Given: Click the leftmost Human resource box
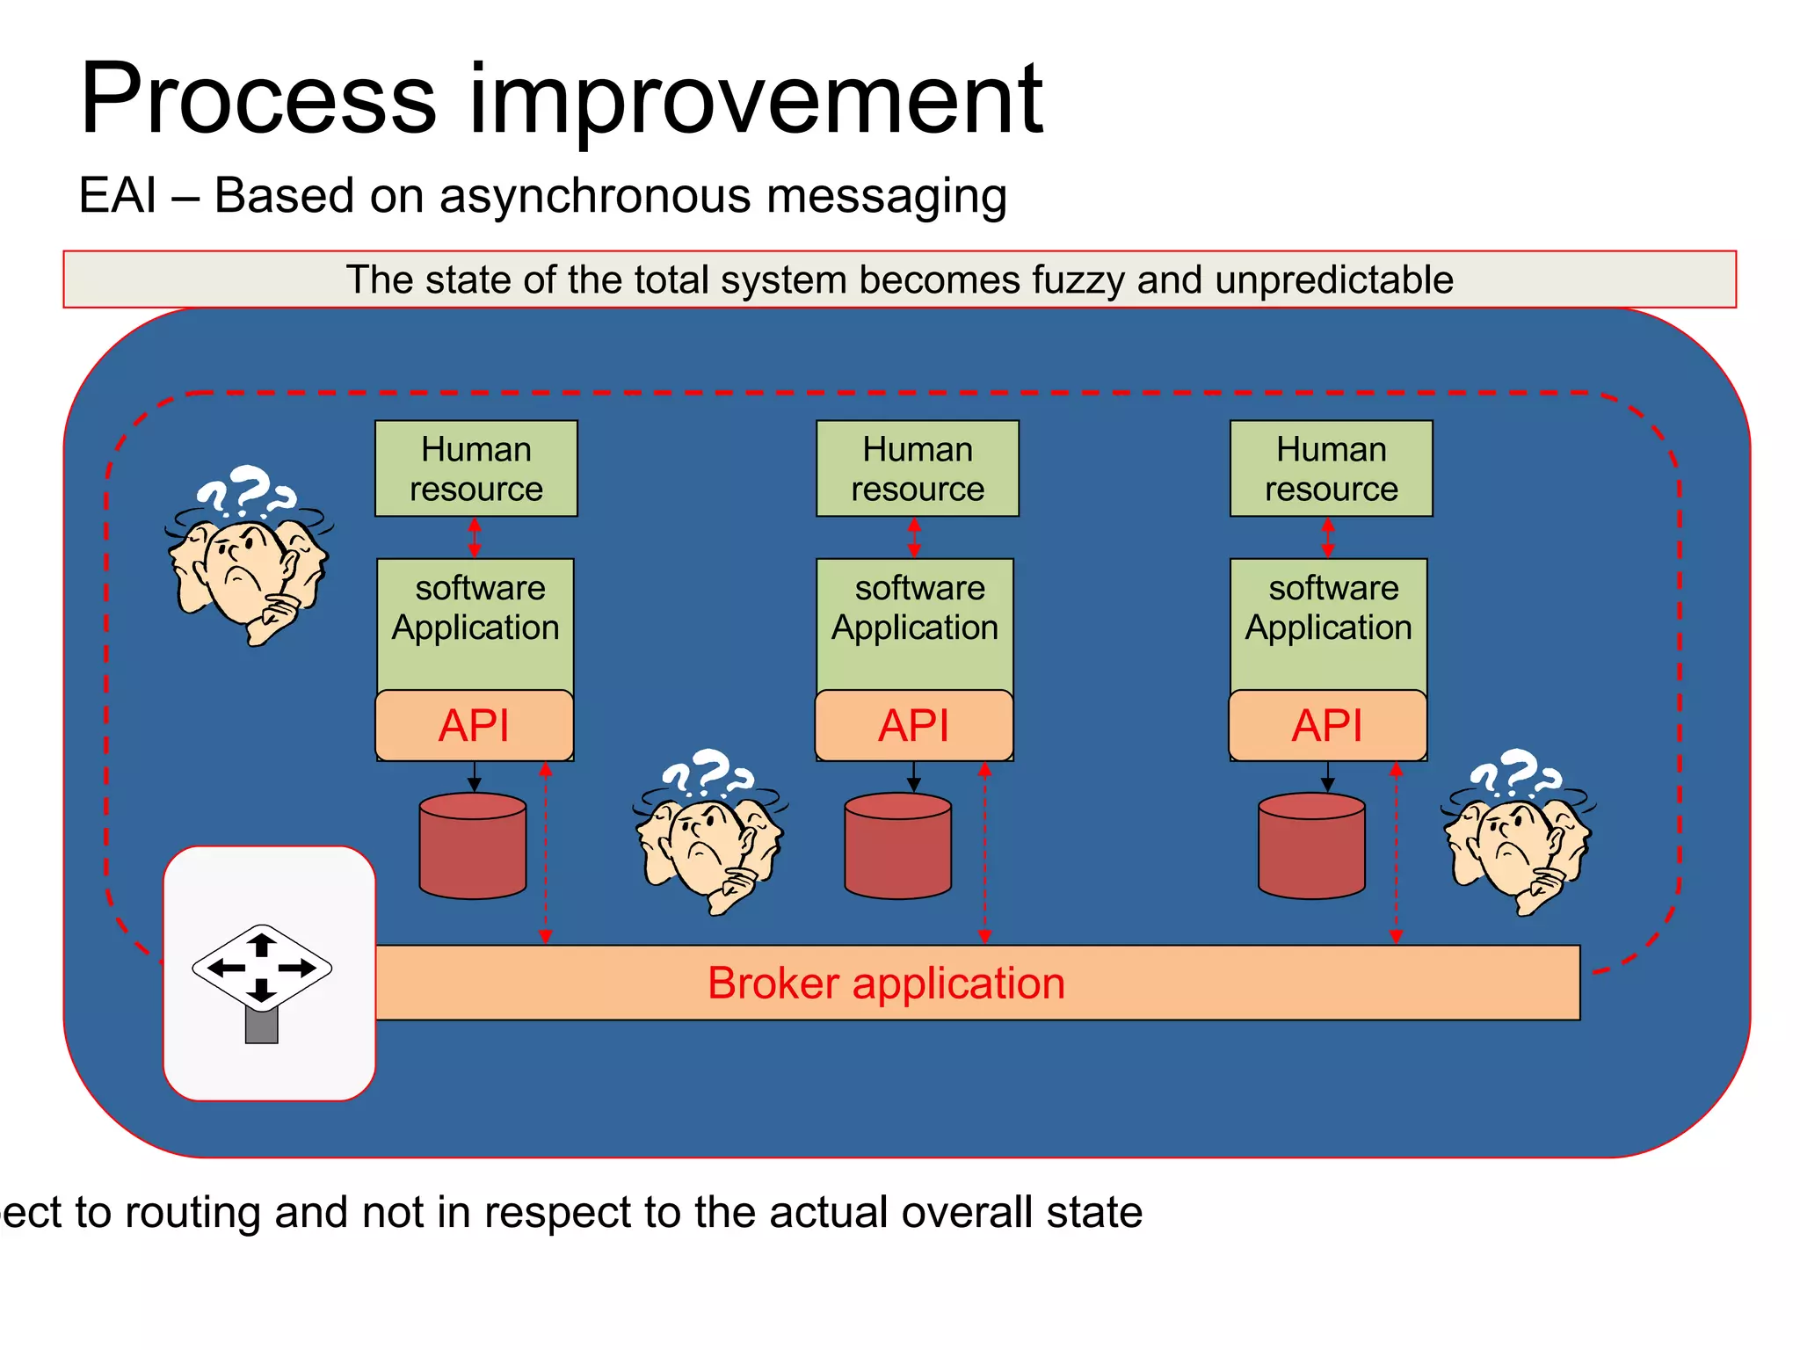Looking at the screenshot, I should [x=475, y=468].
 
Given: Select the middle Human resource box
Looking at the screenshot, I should [x=917, y=468].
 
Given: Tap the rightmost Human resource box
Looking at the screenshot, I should [x=1331, y=468].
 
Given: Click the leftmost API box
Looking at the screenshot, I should [x=474, y=725].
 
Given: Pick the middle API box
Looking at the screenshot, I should [x=913, y=725].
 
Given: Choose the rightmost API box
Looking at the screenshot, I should [x=1327, y=725].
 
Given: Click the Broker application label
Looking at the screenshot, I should [x=886, y=983].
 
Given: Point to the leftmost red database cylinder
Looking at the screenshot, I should [x=473, y=846].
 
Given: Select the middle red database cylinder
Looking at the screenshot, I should [x=897, y=846].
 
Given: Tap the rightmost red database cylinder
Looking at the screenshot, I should [x=1311, y=846].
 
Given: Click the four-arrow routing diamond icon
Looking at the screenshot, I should [x=262, y=968].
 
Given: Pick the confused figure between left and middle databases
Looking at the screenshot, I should [x=709, y=832].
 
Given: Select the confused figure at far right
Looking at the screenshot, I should [x=1518, y=832].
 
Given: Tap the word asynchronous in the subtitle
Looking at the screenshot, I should [x=595, y=195].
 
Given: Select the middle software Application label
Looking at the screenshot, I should [x=915, y=607].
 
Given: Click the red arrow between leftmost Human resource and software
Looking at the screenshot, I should [x=475, y=537].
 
